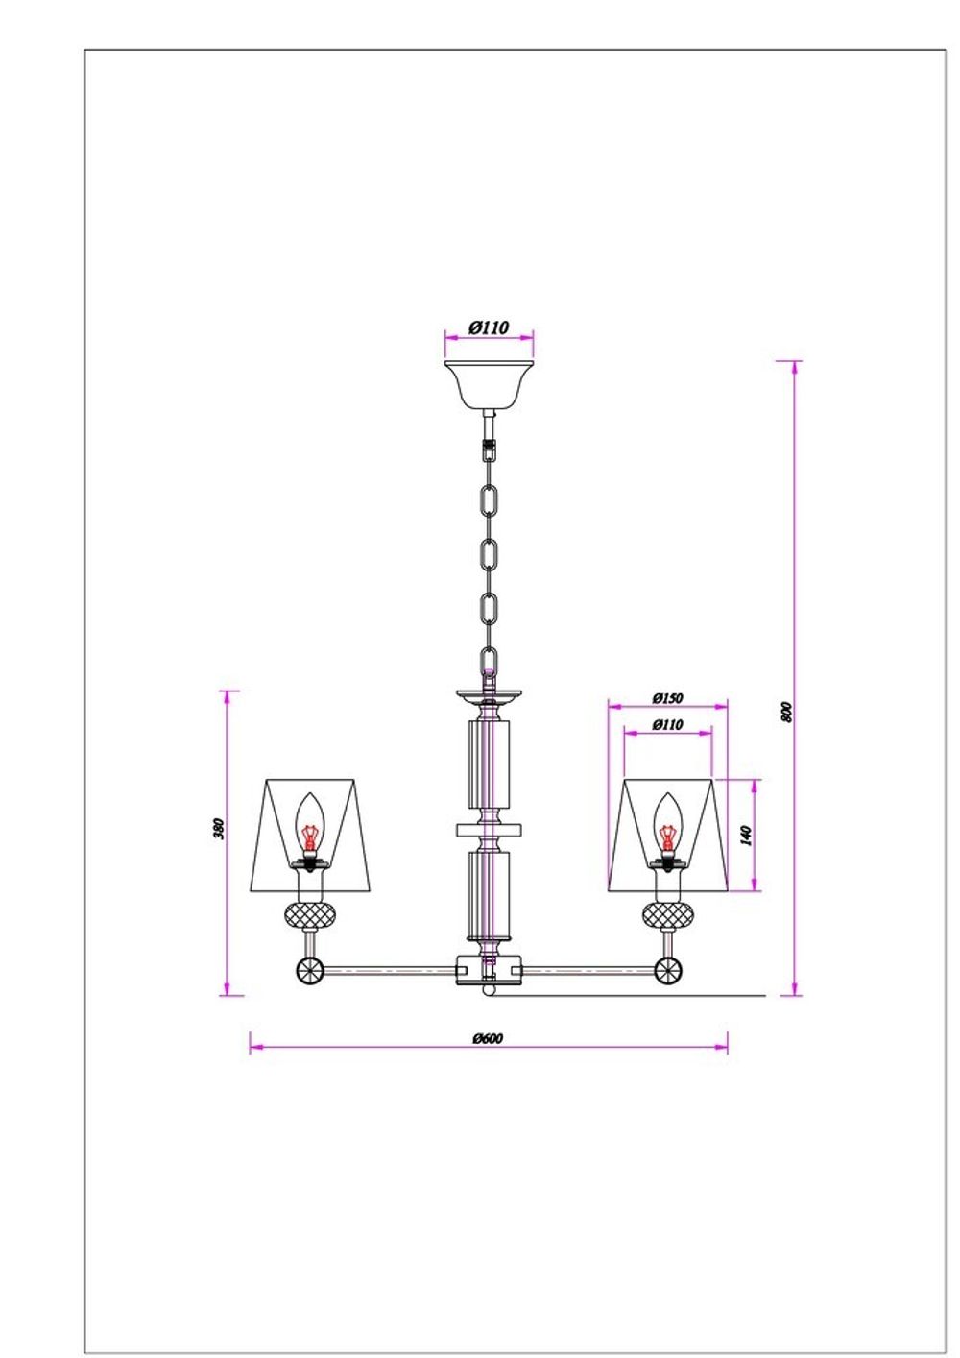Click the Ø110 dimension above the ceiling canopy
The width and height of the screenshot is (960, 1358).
click(489, 327)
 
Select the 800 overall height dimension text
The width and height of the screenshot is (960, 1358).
click(786, 712)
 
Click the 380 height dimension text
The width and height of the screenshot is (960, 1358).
click(218, 828)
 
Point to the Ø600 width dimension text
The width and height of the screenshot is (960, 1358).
click(488, 1038)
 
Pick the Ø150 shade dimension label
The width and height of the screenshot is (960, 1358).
click(666, 698)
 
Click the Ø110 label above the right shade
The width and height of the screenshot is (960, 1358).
click(666, 724)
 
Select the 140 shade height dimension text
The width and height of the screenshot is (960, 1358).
click(746, 834)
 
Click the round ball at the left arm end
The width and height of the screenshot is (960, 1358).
click(309, 970)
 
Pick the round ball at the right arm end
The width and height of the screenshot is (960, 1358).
click(668, 970)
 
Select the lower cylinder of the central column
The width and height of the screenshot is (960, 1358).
click(489, 895)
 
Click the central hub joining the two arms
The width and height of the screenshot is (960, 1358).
click(489, 970)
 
